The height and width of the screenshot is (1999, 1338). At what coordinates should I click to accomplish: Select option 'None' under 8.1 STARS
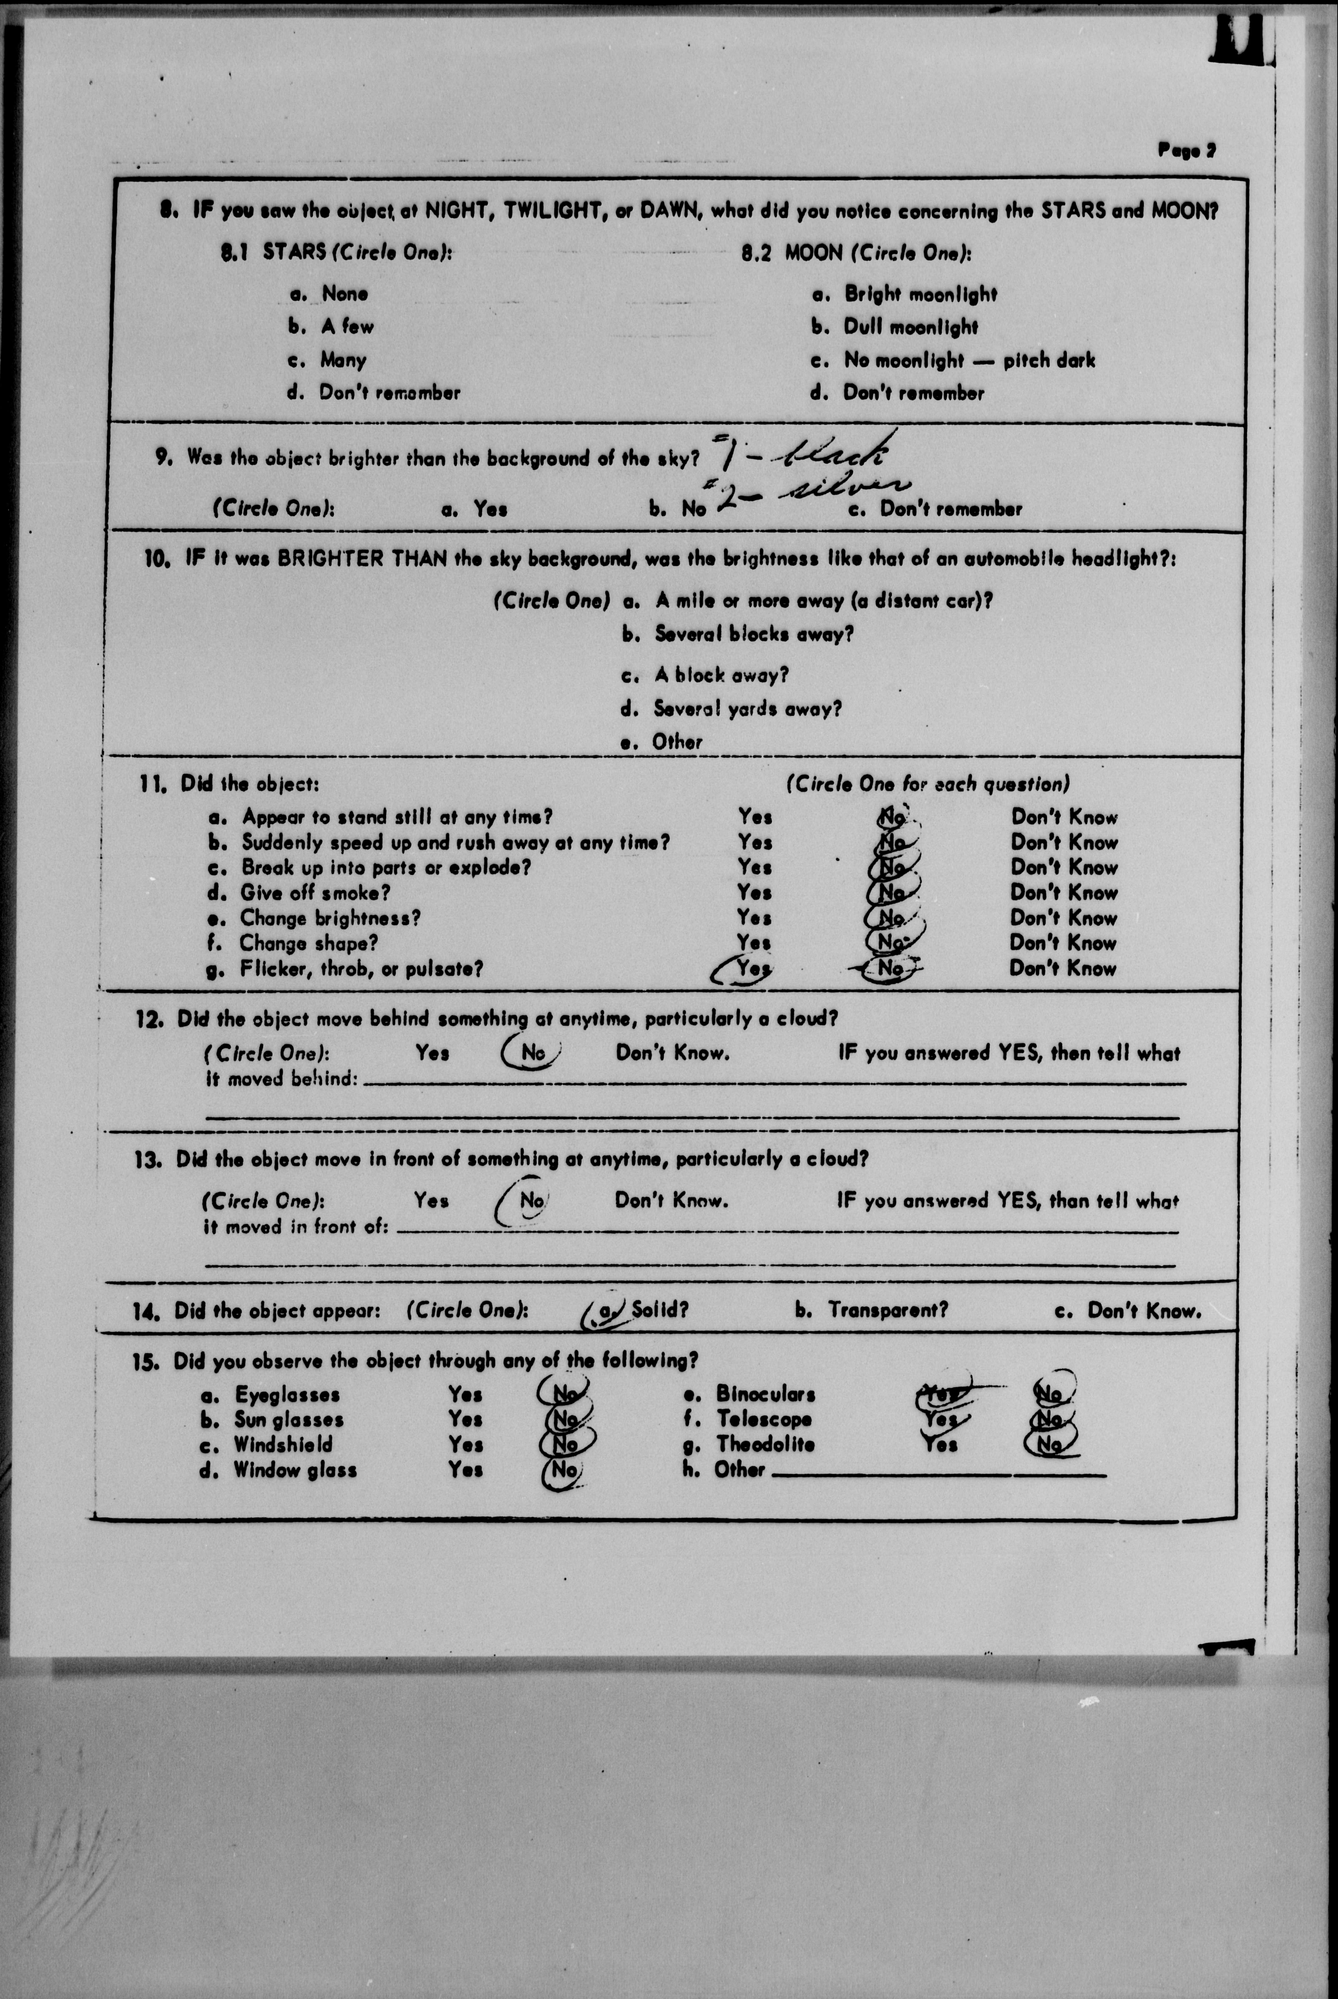(344, 294)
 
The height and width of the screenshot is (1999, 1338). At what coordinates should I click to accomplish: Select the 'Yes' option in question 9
(490, 509)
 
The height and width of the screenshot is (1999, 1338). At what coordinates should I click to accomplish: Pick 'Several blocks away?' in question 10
(753, 634)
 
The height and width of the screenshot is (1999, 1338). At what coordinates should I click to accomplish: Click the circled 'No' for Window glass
(563, 1469)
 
